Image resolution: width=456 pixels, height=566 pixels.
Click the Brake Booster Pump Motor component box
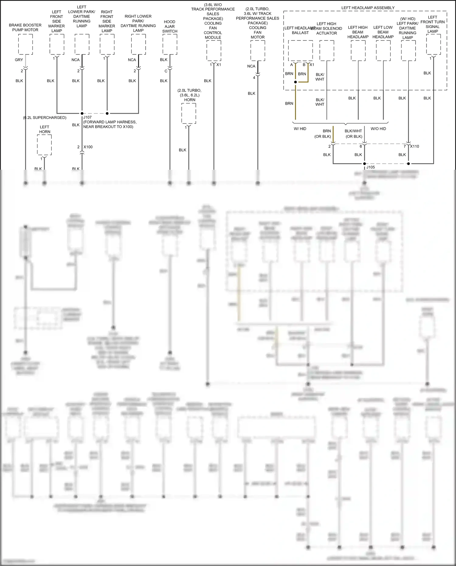(26, 44)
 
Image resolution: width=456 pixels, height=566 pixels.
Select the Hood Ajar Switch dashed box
(170, 44)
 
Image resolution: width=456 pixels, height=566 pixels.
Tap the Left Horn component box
(44, 145)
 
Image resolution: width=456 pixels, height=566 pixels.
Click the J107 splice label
(88, 117)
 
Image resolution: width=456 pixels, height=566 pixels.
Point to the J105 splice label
(371, 167)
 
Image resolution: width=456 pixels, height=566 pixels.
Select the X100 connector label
(88, 147)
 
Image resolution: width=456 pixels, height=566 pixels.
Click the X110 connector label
(415, 146)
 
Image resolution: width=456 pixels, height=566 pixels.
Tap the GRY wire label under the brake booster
(19, 60)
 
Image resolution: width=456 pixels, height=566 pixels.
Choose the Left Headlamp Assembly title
(368, 8)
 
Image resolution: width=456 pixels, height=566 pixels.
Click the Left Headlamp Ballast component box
(300, 50)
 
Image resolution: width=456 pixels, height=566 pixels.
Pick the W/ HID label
(300, 129)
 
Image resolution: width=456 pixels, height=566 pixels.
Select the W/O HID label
(378, 129)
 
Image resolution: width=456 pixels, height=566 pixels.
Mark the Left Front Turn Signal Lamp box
(434, 44)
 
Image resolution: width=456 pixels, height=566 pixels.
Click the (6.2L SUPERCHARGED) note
(45, 118)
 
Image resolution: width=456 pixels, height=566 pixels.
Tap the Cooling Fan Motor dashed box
(258, 50)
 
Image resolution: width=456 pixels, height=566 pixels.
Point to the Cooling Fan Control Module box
(214, 50)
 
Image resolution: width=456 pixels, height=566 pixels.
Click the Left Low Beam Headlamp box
(383, 50)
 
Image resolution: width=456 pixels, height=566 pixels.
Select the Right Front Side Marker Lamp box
(107, 44)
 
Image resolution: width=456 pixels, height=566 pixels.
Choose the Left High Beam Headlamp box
(358, 50)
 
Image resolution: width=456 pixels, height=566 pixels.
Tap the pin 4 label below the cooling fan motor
(254, 78)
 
